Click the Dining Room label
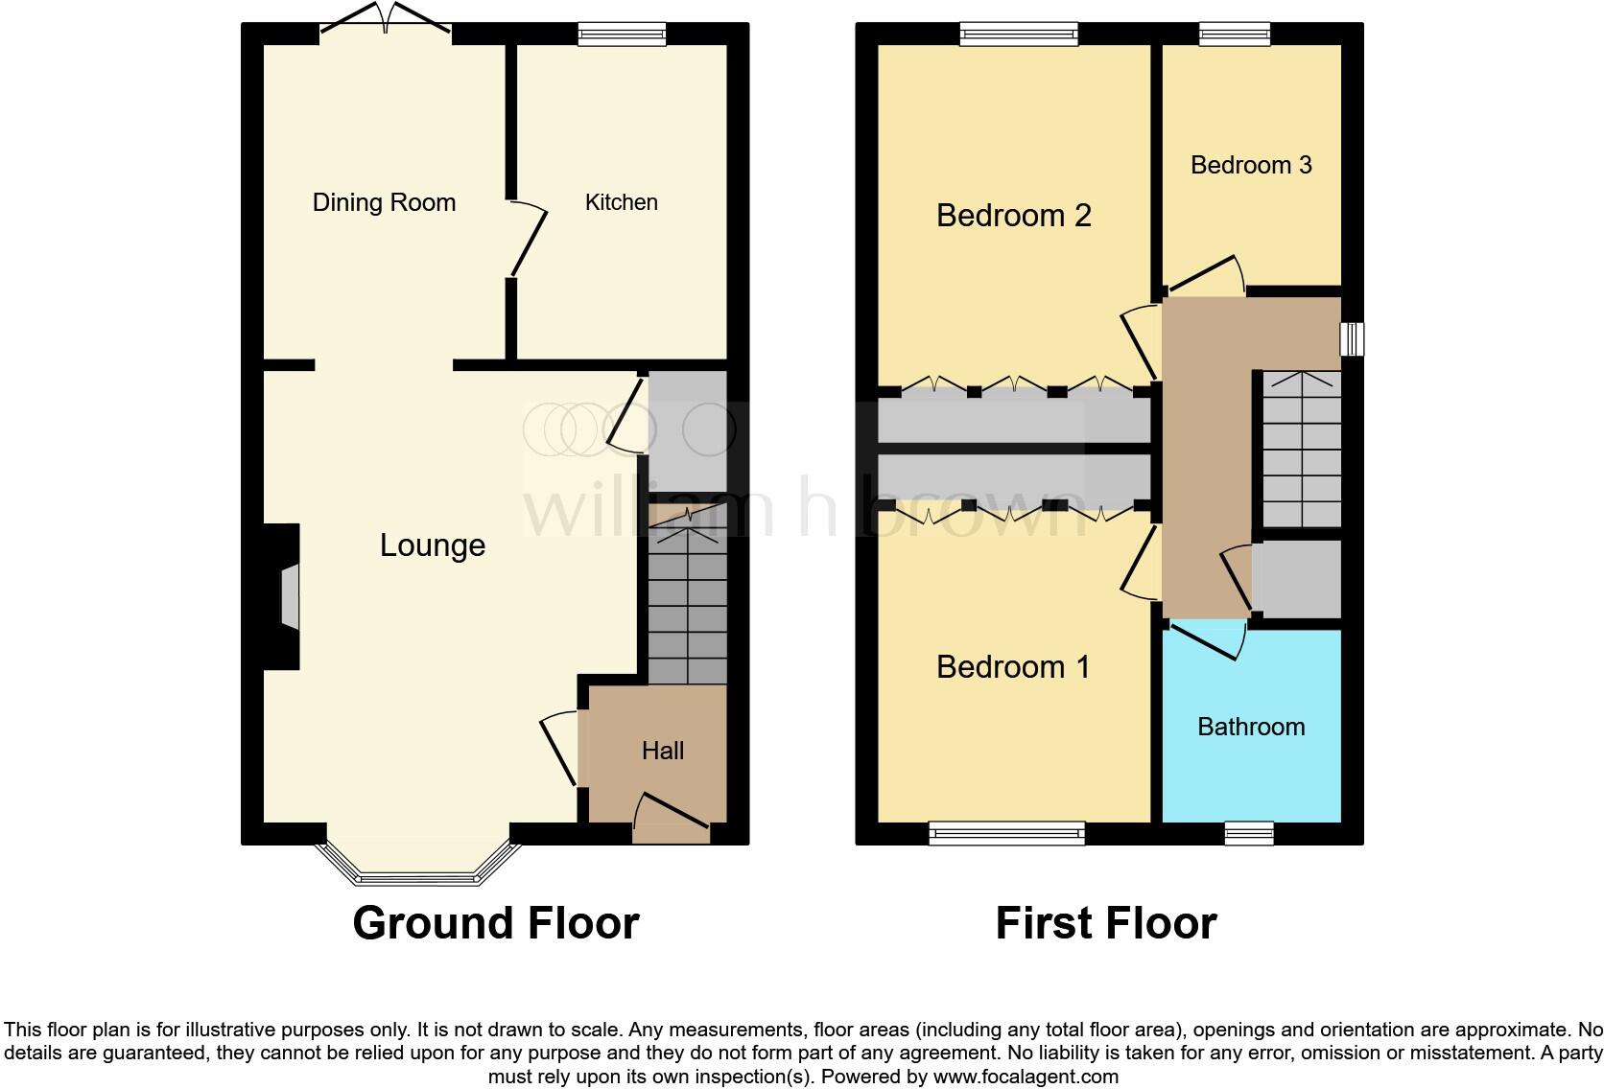pyautogui.click(x=384, y=202)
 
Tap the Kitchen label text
pyautogui.click(x=622, y=202)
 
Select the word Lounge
pyautogui.click(x=433, y=545)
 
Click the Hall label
pyautogui.click(x=663, y=751)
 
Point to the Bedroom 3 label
pyautogui.click(x=1251, y=165)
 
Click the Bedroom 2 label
pyautogui.click(x=1014, y=216)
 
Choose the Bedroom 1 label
pyautogui.click(x=1013, y=666)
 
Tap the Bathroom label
pyautogui.click(x=1251, y=727)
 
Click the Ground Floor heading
pyautogui.click(x=495, y=923)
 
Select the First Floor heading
pyautogui.click(x=1106, y=923)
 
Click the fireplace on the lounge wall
pyautogui.click(x=289, y=595)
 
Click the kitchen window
pyautogui.click(x=622, y=35)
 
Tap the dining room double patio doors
pyautogui.click(x=385, y=21)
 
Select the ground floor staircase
pyautogui.click(x=687, y=604)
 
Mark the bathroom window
pyautogui.click(x=1249, y=833)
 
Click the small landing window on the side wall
pyautogui.click(x=1352, y=338)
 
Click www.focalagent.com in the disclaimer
pyautogui.click(x=1026, y=1077)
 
